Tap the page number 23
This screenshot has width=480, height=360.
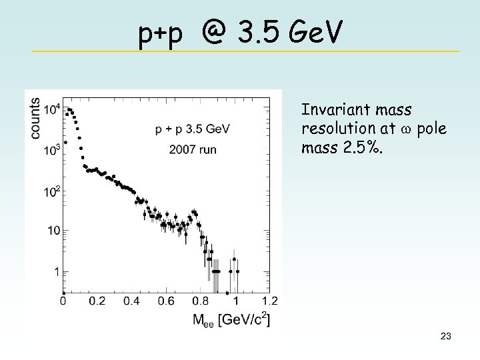(x=446, y=337)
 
